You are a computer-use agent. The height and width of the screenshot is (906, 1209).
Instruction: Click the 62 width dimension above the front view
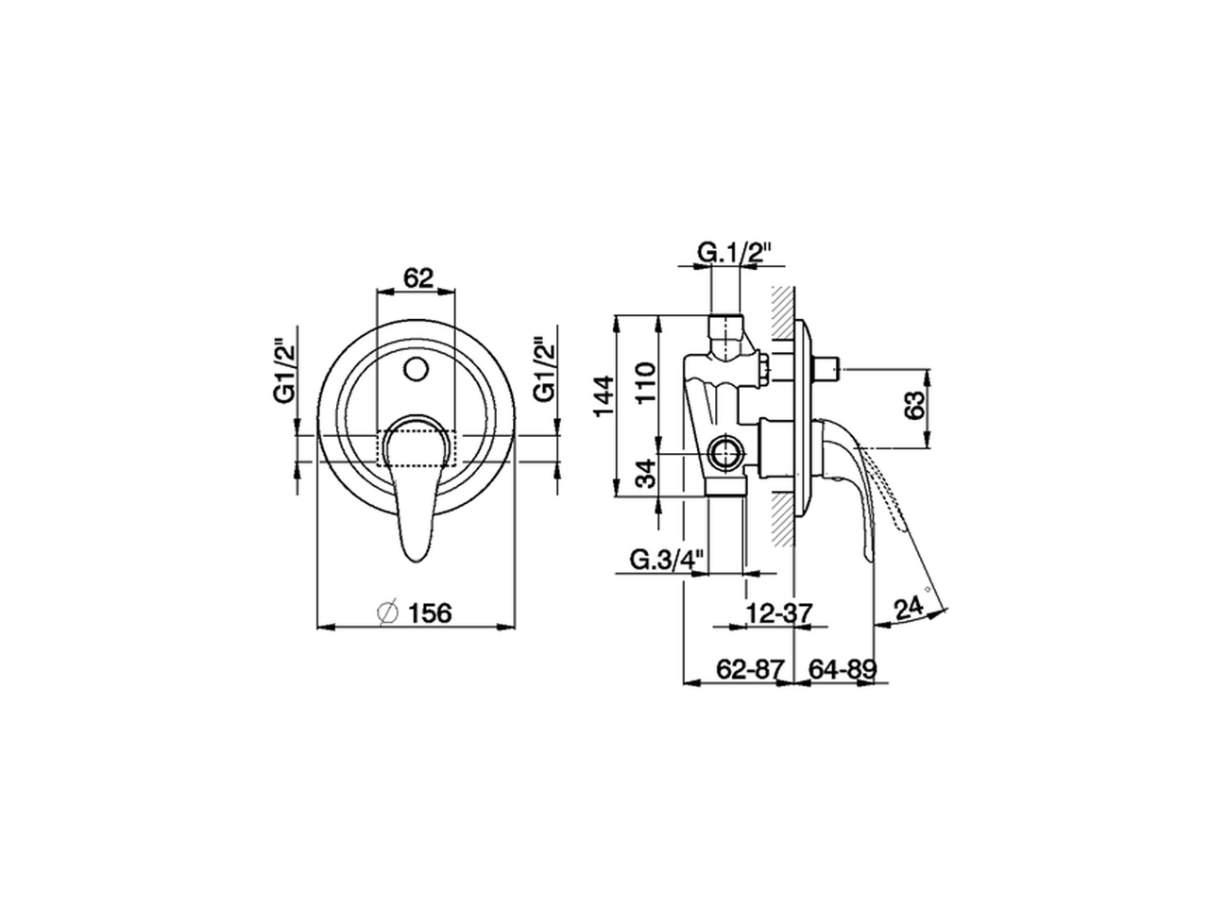pyautogui.click(x=417, y=278)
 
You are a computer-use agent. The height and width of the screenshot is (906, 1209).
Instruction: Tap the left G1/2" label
pyautogui.click(x=286, y=372)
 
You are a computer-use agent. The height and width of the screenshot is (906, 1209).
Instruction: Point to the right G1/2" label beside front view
pyautogui.click(x=543, y=372)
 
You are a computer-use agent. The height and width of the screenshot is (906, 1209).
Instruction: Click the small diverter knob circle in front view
pyautogui.click(x=416, y=366)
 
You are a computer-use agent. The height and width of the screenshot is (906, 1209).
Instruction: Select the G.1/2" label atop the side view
pyautogui.click(x=736, y=253)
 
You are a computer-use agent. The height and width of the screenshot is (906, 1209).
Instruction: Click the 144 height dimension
pyautogui.click(x=604, y=396)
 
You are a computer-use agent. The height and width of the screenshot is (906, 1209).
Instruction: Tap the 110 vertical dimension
pyautogui.click(x=646, y=383)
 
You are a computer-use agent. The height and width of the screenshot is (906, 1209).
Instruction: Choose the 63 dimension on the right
pyautogui.click(x=914, y=408)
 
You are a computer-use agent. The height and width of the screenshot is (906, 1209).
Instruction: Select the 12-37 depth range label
pyautogui.click(x=779, y=612)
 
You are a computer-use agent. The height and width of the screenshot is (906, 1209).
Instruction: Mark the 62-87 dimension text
pyautogui.click(x=751, y=669)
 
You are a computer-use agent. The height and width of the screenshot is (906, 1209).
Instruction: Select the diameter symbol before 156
pyautogui.click(x=387, y=612)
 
